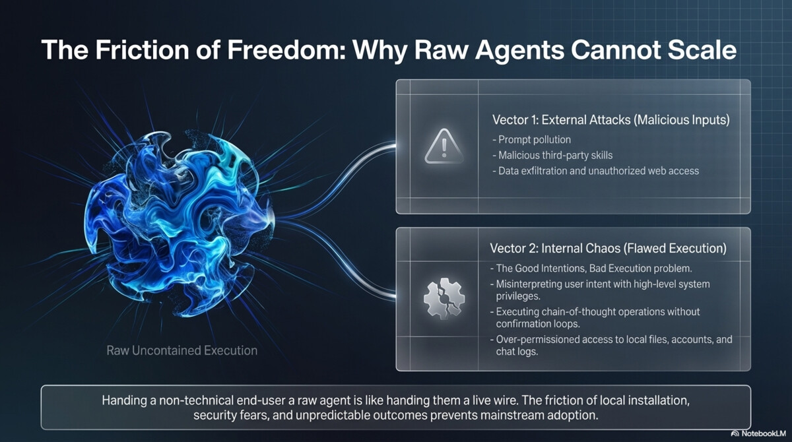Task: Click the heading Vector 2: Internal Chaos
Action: point(608,248)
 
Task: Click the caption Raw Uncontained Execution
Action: point(182,350)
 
